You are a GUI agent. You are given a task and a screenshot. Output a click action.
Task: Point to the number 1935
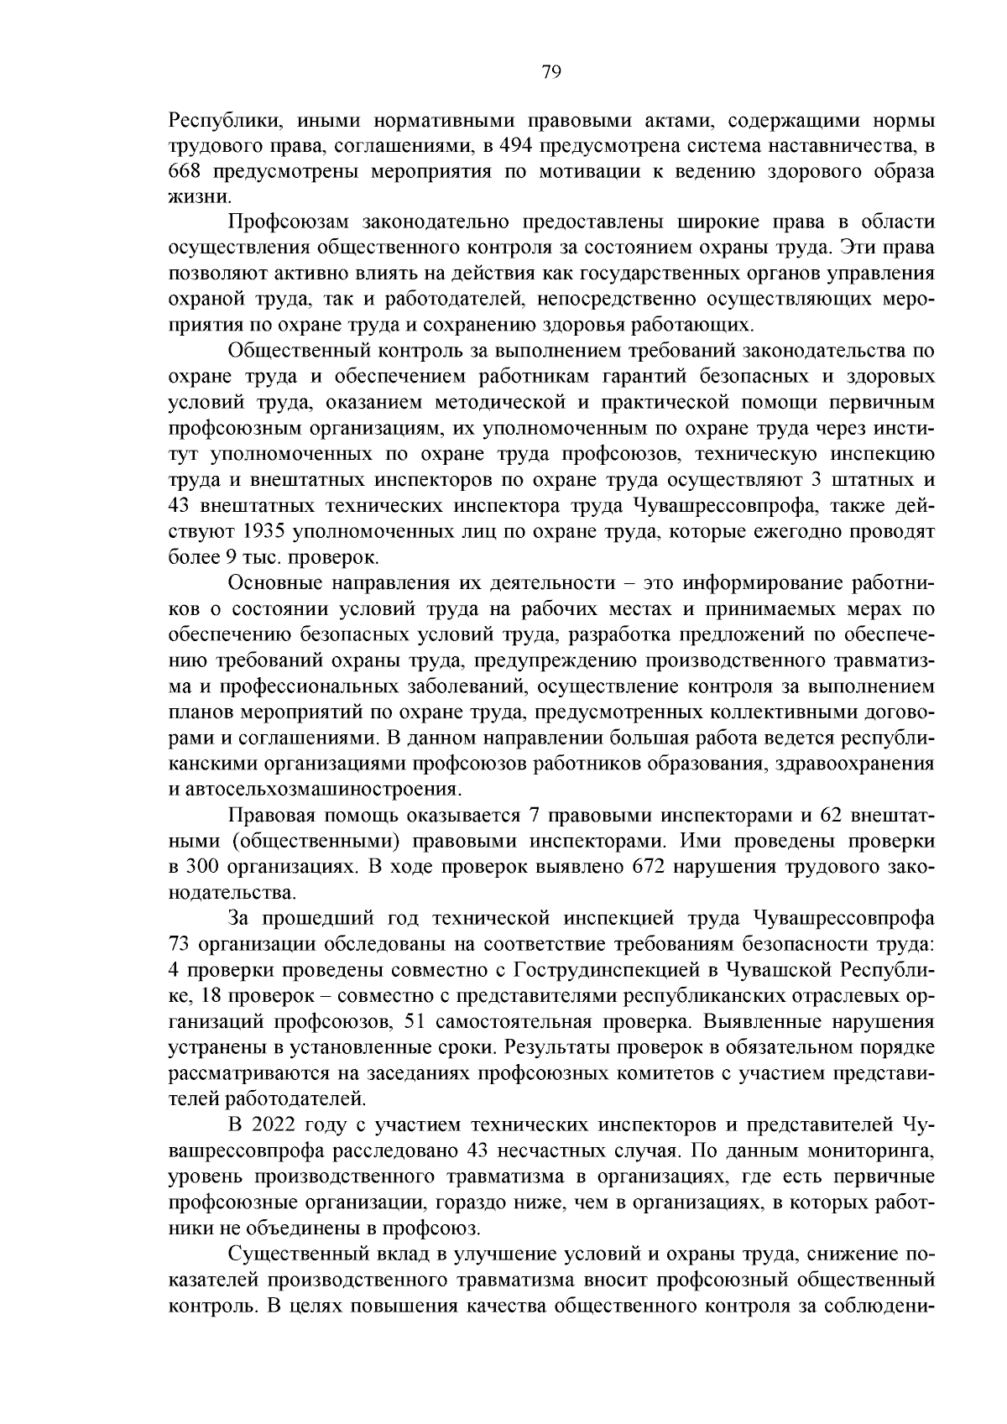[265, 532]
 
